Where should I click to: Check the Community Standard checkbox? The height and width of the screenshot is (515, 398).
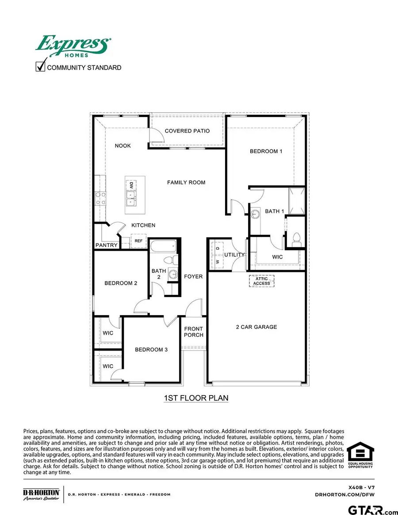[x=40, y=67]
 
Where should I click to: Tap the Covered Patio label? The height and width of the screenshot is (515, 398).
[x=187, y=131]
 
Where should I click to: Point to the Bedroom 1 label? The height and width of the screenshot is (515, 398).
[x=266, y=151]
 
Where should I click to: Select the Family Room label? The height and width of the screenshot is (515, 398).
[x=186, y=182]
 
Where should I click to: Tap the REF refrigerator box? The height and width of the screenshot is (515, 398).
[x=138, y=241]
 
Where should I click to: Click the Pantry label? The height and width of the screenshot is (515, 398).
[x=107, y=245]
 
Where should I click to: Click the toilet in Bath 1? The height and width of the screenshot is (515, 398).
[x=296, y=239]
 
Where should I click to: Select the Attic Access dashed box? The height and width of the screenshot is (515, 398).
[x=262, y=281]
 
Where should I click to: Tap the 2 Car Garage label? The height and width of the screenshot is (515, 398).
[x=256, y=327]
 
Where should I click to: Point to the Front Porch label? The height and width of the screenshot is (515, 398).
[x=194, y=332]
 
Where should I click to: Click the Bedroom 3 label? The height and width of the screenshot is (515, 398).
[x=151, y=350]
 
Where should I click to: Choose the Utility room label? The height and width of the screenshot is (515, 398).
[x=234, y=255]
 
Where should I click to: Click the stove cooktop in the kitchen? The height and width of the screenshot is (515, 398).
[x=100, y=198]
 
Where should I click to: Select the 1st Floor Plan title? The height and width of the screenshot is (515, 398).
[x=196, y=398]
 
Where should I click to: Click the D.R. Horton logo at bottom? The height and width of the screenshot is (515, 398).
[x=41, y=495]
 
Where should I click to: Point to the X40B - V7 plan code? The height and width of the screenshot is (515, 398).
[x=361, y=486]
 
